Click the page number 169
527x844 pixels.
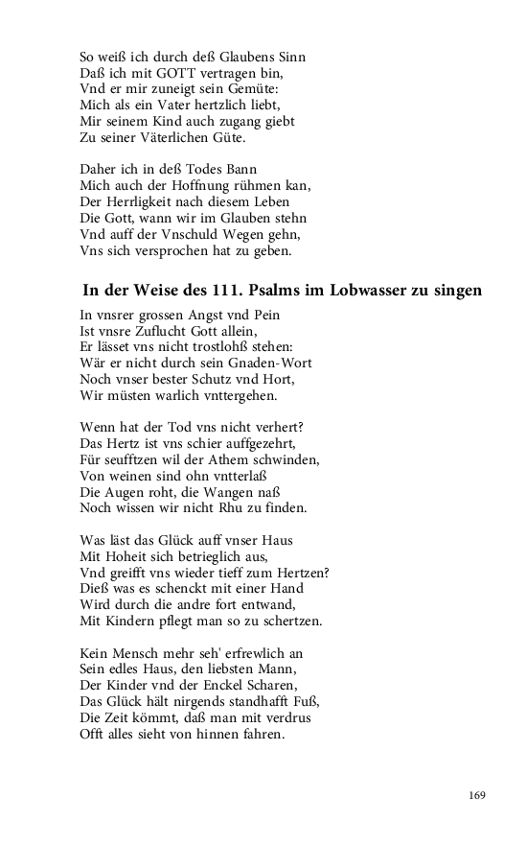pos(477,794)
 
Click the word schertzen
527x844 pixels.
pos(287,621)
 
